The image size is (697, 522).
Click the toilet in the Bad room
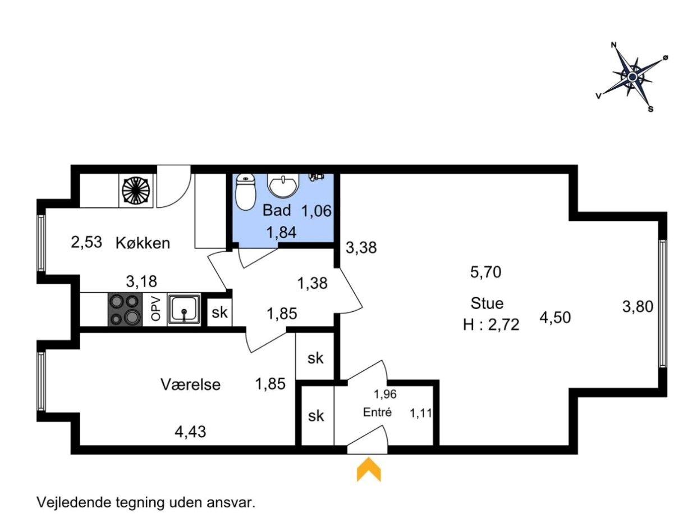click(245, 192)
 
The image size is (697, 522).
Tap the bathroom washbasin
click(283, 185)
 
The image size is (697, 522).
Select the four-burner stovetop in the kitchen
click(125, 310)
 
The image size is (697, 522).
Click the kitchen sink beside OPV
click(184, 310)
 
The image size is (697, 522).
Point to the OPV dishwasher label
click(155, 309)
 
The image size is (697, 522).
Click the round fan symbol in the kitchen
click(136, 190)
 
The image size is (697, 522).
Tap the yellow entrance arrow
click(368, 469)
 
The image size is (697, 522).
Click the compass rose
click(631, 78)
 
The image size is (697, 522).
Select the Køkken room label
click(143, 243)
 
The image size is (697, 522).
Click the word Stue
click(487, 303)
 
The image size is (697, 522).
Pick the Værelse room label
click(190, 385)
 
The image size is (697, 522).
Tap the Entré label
click(377, 412)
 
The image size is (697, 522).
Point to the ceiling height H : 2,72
click(491, 325)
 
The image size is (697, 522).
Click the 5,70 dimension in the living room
click(485, 272)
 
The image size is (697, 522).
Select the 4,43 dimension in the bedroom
click(190, 432)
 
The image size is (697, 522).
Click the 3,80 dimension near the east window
click(638, 307)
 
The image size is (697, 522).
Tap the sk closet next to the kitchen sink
click(219, 312)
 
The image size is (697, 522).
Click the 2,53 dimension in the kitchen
click(86, 242)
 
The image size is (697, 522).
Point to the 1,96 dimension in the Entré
click(385, 394)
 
